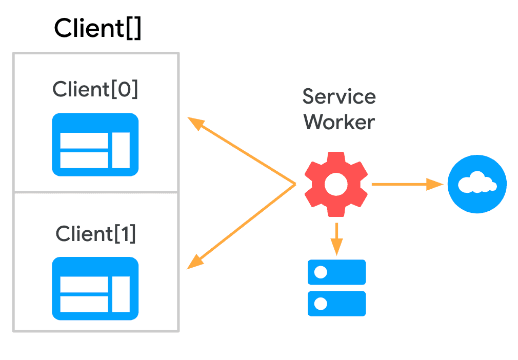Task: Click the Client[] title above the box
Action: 97,28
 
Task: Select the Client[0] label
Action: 95,90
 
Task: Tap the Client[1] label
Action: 95,234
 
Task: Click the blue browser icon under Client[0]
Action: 95,145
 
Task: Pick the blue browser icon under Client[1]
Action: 95,289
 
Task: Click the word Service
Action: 339,96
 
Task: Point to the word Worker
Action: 339,122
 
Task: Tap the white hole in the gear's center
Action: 336,184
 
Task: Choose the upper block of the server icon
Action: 336,272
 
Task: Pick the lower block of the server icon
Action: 336,304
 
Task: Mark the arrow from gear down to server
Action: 336,239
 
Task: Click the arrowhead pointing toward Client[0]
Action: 194,123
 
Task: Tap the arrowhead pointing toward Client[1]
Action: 194,263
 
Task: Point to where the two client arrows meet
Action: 295,184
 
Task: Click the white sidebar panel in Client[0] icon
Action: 121,150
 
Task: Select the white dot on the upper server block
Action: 321,272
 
